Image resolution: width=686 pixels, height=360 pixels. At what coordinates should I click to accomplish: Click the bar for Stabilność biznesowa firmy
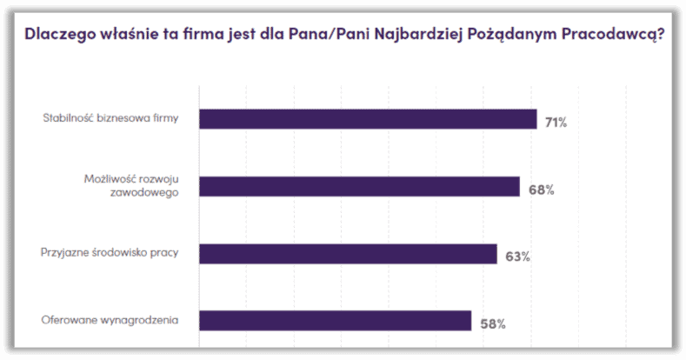(368, 119)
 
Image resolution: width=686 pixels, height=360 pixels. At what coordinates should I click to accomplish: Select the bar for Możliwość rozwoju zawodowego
(359, 186)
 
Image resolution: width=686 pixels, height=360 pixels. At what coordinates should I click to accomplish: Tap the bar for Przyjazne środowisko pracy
(348, 254)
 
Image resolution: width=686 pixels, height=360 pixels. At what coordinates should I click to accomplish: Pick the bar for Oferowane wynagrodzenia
(335, 321)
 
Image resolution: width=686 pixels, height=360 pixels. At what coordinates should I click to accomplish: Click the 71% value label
(556, 123)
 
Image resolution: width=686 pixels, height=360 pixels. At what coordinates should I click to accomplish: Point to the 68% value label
(541, 190)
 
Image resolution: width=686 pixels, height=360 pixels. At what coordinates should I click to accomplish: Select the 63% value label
(517, 257)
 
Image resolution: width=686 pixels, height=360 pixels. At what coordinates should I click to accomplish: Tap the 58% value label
(492, 323)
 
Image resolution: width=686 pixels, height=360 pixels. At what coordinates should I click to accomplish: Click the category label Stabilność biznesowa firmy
(110, 119)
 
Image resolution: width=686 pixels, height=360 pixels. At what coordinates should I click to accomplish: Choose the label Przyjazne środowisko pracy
(110, 253)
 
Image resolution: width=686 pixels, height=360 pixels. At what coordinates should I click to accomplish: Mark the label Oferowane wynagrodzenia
(110, 320)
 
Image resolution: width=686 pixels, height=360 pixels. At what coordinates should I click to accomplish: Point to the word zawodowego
(150, 193)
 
